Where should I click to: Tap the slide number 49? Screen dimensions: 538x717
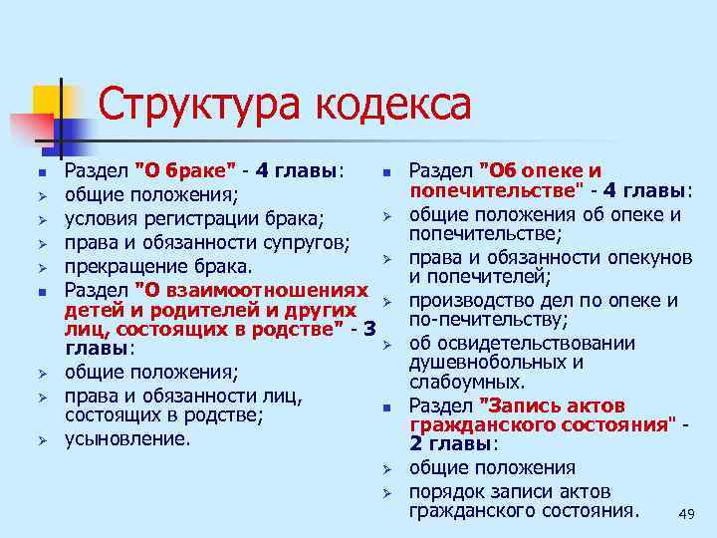pyautogui.click(x=685, y=514)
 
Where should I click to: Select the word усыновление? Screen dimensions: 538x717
pyautogui.click(x=127, y=438)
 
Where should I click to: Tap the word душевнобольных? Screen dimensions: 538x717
pyautogui.click(x=485, y=362)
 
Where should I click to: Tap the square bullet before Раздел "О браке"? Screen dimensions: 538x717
pyautogui.click(x=42, y=171)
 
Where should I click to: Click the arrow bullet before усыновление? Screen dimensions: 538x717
pyautogui.click(x=42, y=439)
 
